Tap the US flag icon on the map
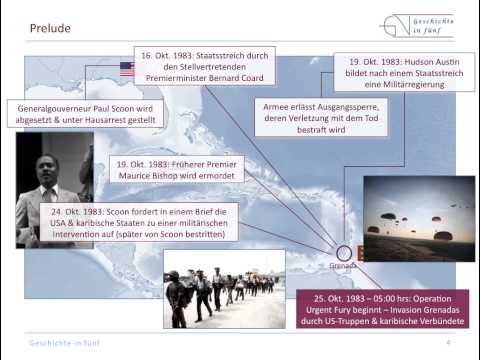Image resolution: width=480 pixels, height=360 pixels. [x=126, y=69]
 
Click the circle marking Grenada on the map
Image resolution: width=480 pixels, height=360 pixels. [x=345, y=254]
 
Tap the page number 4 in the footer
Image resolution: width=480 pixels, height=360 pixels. [x=448, y=342]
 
